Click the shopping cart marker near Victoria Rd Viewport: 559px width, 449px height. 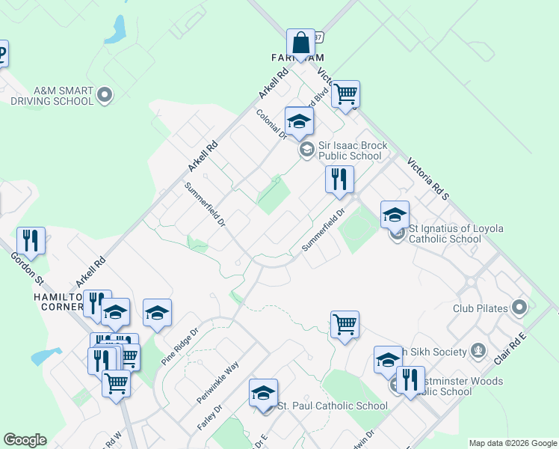(345, 95)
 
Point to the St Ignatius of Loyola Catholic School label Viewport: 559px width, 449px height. (445, 233)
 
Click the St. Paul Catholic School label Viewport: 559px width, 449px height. (333, 406)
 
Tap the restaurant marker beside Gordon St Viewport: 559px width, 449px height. (31, 240)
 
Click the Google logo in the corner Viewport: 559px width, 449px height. (25, 440)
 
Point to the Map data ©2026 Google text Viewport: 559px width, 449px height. (513, 443)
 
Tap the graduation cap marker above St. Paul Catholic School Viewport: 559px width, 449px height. (263, 394)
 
